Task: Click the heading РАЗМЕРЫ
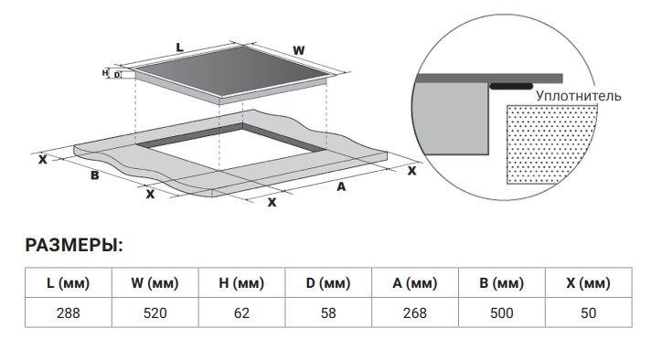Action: pyautogui.click(x=74, y=246)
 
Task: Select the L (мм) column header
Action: pyautogui.click(x=68, y=283)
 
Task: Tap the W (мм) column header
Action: pyautogui.click(x=155, y=283)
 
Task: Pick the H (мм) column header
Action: pyautogui.click(x=241, y=283)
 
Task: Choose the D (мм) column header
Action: pyautogui.click(x=328, y=283)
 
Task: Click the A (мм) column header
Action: pyautogui.click(x=415, y=283)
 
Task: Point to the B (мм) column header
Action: pyautogui.click(x=502, y=283)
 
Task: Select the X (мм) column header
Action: pyautogui.click(x=588, y=283)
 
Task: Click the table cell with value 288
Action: pyautogui.click(x=68, y=312)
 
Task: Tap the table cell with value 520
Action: pyautogui.click(x=155, y=312)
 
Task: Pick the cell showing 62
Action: pyautogui.click(x=241, y=312)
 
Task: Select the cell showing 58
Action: pyautogui.click(x=328, y=312)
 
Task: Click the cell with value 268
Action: pyautogui.click(x=415, y=312)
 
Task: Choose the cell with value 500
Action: pyautogui.click(x=502, y=312)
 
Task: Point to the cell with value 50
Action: pyautogui.click(x=588, y=312)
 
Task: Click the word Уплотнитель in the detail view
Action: pyautogui.click(x=579, y=96)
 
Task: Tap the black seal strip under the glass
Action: pyautogui.click(x=511, y=86)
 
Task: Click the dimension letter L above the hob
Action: pyautogui.click(x=179, y=48)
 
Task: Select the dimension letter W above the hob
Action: pyautogui.click(x=298, y=50)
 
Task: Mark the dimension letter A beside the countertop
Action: pyautogui.click(x=341, y=187)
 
